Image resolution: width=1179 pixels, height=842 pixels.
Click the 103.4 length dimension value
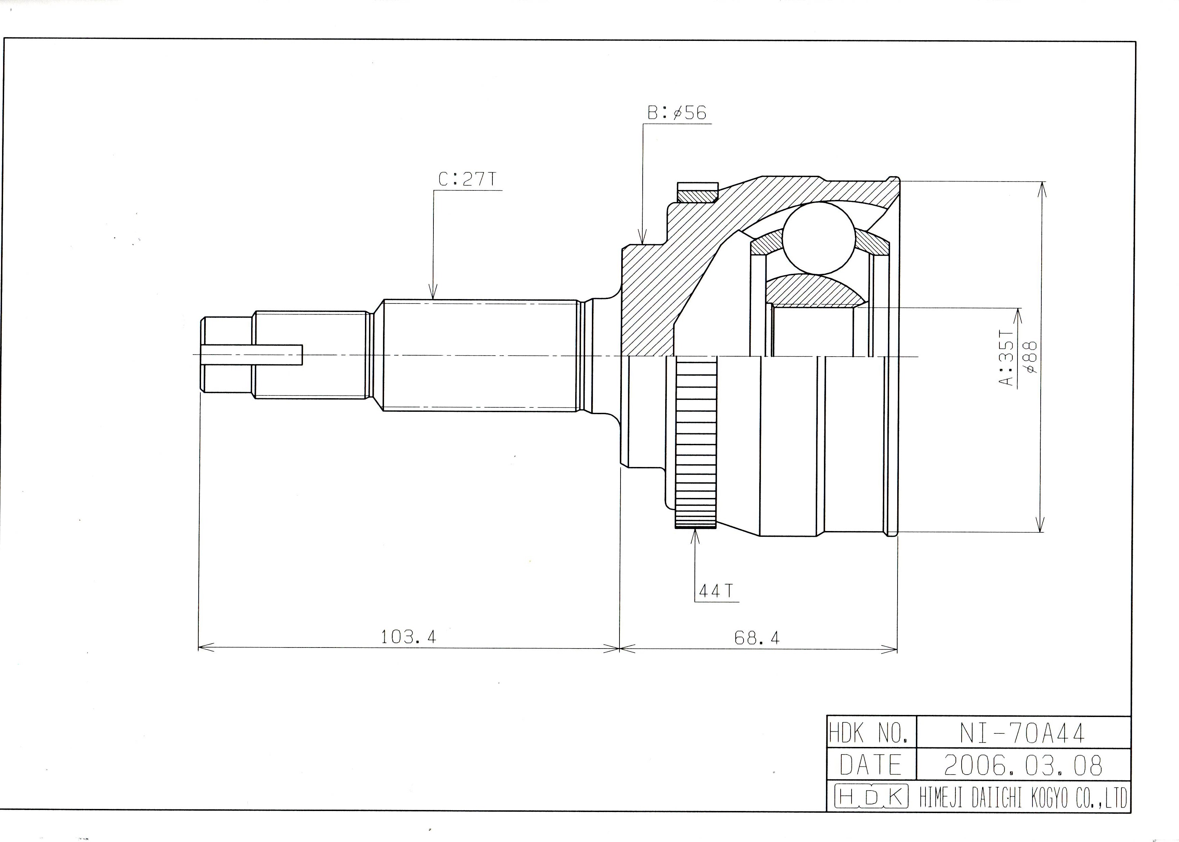[x=408, y=636]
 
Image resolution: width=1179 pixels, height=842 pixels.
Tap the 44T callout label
[x=716, y=591]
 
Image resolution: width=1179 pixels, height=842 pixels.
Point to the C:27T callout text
[x=468, y=179]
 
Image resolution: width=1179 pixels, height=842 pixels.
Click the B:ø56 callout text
[x=676, y=112]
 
